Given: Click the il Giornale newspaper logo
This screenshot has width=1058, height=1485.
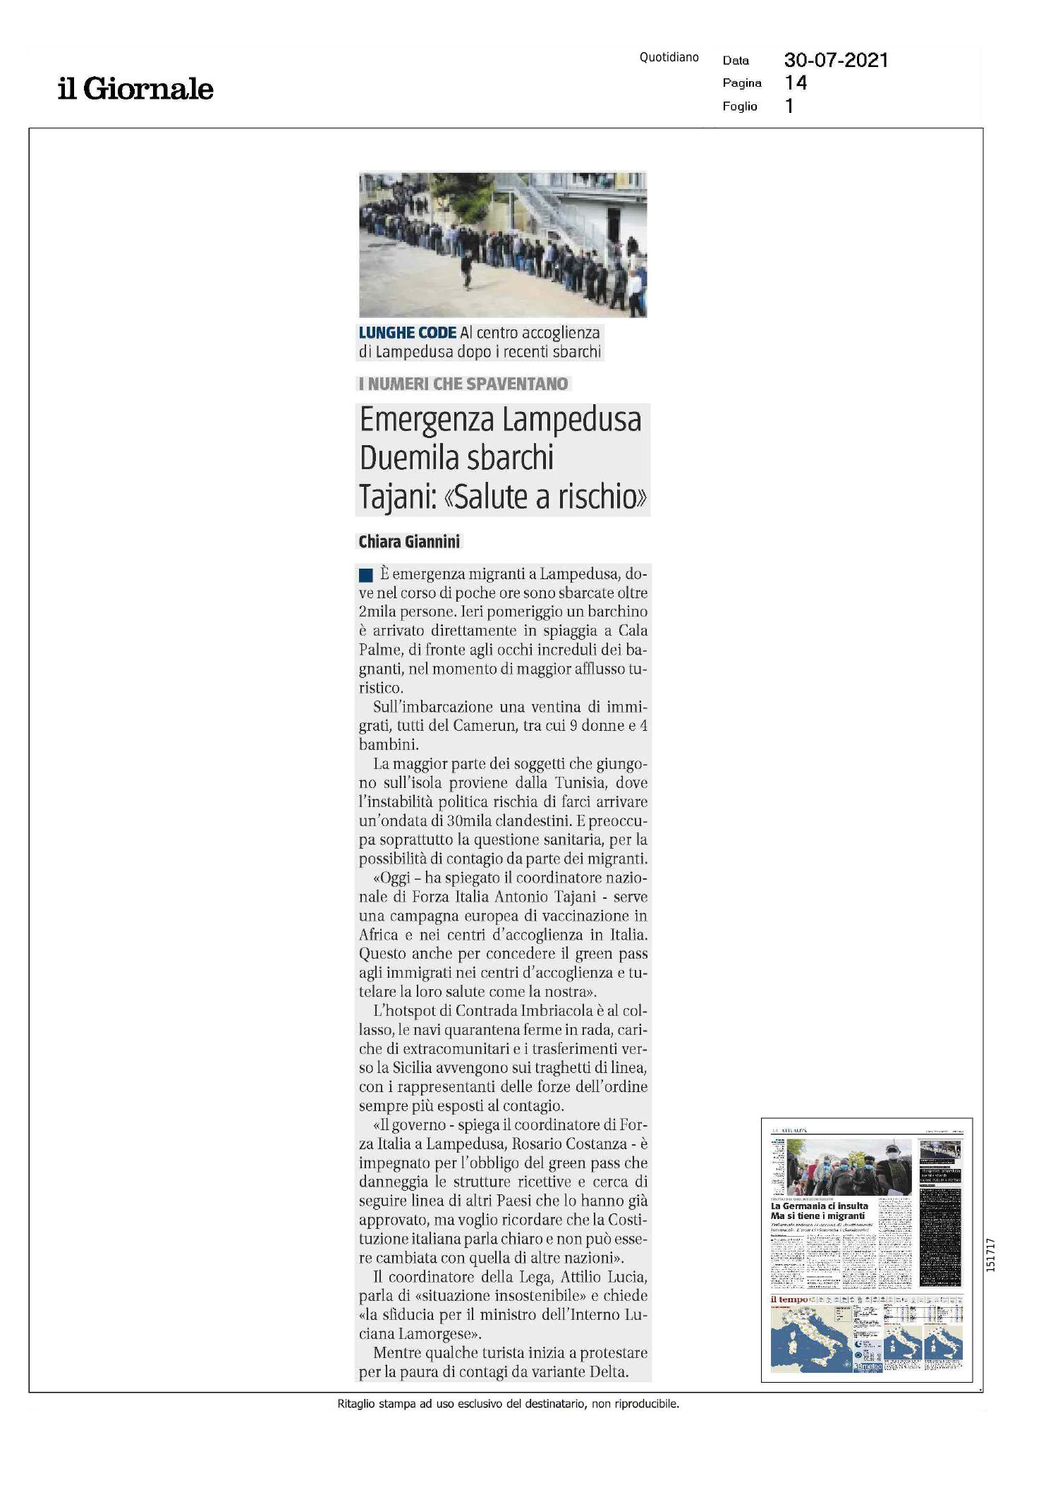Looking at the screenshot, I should click(135, 89).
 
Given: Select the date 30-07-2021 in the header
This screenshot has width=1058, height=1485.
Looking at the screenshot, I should click(836, 60).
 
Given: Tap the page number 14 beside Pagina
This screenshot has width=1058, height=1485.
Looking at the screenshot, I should click(796, 83).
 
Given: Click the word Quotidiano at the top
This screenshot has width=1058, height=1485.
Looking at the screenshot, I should click(669, 57).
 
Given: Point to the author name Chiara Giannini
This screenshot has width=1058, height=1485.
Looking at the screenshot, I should click(409, 542).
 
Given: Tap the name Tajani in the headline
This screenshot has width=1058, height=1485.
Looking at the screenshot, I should click(396, 497).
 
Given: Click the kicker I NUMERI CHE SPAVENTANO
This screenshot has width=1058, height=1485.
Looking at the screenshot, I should click(463, 384).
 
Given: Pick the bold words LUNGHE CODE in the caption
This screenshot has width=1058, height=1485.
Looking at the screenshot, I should click(407, 332).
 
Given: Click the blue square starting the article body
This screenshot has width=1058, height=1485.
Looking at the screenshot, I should click(365, 575).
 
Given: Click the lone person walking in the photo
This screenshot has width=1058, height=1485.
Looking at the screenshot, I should click(466, 269).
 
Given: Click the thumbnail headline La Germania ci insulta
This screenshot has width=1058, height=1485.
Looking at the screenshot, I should click(819, 1206).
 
